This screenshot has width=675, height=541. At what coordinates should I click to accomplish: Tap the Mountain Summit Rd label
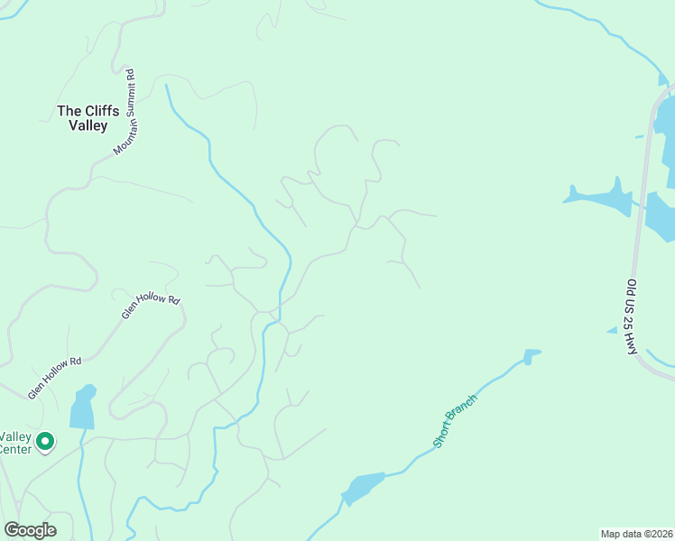click(x=125, y=112)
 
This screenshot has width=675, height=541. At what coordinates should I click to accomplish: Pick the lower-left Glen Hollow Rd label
click(x=54, y=378)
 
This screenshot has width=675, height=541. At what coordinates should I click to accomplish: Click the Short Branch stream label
click(x=455, y=421)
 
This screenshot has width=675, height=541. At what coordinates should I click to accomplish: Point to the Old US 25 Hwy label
click(x=632, y=316)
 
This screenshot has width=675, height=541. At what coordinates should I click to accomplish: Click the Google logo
click(x=30, y=530)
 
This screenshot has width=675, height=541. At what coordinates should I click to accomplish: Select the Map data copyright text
click(x=636, y=533)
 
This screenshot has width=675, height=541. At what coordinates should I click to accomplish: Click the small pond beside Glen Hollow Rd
click(x=83, y=408)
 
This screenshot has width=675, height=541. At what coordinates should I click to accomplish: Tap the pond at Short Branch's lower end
click(x=365, y=488)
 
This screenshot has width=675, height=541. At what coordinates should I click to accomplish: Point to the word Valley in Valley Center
click(x=15, y=435)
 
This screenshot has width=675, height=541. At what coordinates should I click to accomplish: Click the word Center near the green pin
click(x=14, y=448)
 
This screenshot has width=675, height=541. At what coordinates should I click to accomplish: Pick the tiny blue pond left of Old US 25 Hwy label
click(x=612, y=331)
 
